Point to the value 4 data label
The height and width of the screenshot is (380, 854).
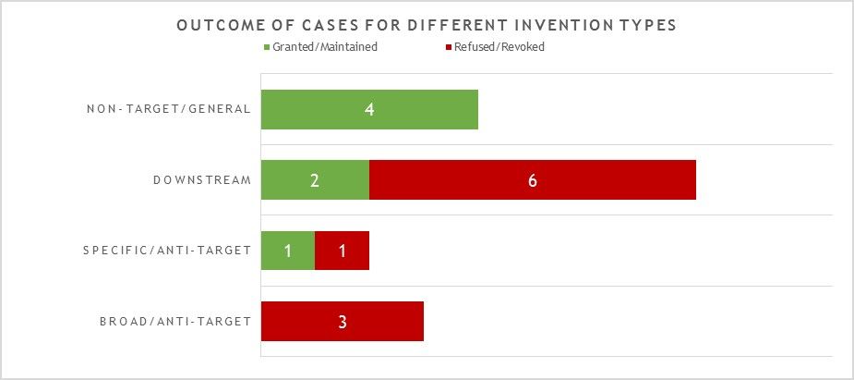tap(369, 109)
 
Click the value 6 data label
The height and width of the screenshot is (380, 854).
tap(533, 180)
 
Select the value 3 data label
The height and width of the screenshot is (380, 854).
tap(343, 322)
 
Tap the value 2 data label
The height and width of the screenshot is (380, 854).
tap(315, 180)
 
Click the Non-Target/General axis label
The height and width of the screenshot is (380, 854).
tap(169, 109)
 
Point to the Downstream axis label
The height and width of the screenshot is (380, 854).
tap(202, 180)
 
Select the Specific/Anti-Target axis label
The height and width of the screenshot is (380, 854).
tap(167, 251)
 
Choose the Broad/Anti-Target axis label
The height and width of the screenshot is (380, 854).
tap(175, 322)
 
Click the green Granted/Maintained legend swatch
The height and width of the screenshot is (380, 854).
tap(267, 47)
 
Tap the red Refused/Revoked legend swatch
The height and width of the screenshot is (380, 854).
tap(448, 47)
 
